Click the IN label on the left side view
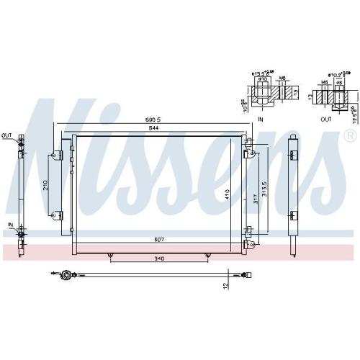tap(10, 224)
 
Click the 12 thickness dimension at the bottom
tap(225, 285)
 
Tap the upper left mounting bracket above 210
tap(55, 153)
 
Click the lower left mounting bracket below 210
tap(55, 213)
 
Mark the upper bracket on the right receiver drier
tap(294, 153)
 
